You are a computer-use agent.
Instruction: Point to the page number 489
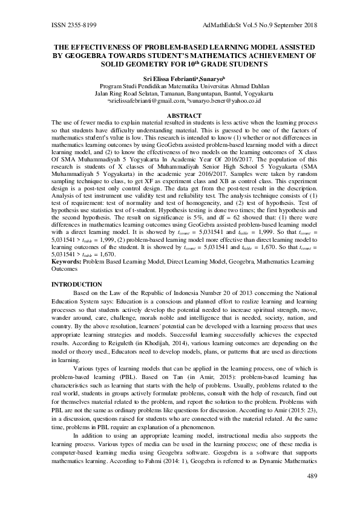tap(313, 476)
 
